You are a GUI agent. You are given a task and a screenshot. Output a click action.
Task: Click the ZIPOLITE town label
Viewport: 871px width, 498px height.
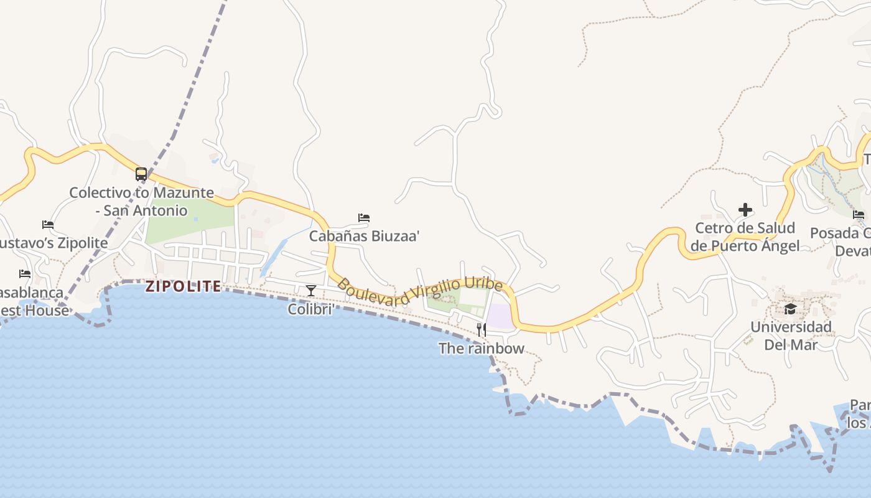pos(183,286)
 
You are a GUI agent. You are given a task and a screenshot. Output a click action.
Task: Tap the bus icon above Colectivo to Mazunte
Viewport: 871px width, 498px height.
pos(141,174)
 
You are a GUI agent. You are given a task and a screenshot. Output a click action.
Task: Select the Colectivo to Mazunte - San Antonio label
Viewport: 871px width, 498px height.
pos(141,202)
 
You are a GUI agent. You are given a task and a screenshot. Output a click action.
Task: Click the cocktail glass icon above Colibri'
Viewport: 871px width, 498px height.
pos(310,291)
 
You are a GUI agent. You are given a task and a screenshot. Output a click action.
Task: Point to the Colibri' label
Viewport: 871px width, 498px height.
pos(310,309)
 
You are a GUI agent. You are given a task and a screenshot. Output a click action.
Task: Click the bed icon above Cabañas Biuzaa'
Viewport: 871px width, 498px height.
pos(364,218)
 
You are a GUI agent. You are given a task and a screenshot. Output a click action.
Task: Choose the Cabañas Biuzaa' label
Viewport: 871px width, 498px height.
pos(365,236)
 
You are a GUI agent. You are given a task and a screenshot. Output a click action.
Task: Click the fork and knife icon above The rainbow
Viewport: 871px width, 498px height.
pos(481,330)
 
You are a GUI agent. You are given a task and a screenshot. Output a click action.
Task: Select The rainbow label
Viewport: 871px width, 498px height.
pos(481,349)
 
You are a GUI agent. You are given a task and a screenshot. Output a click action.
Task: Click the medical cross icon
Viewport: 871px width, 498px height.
pos(745,210)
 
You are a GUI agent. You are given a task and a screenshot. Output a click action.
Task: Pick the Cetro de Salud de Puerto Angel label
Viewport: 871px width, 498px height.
pos(745,237)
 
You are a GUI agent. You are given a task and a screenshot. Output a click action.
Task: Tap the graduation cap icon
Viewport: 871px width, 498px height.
pos(790,309)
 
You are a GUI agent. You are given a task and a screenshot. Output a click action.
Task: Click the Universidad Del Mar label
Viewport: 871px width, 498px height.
pos(790,336)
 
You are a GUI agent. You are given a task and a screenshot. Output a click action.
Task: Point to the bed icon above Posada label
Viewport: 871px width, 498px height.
pos(859,215)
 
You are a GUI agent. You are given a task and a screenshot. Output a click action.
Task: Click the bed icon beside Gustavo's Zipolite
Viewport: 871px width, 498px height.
pos(48,225)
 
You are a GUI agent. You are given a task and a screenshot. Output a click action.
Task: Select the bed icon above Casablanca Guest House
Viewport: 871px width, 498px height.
pos(25,273)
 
